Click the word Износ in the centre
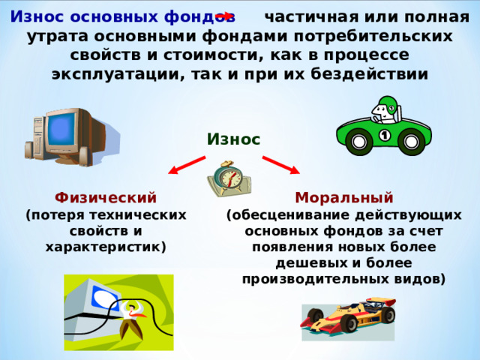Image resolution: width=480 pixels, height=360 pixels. [x=233, y=139]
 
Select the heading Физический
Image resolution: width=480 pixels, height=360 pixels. [x=106, y=198]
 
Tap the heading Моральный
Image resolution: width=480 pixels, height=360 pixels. [x=344, y=198]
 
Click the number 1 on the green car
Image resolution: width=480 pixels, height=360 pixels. [x=384, y=135]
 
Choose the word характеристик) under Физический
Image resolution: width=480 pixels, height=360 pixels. [x=106, y=246]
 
